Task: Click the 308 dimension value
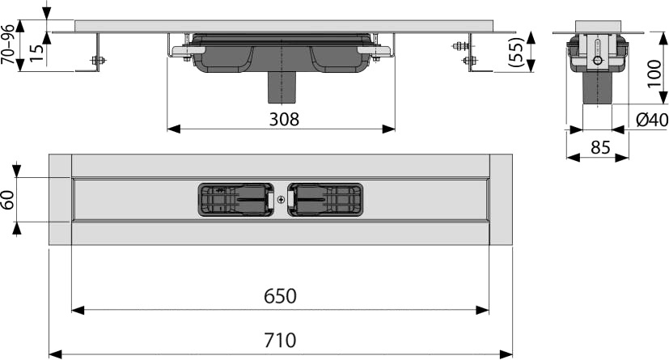[284, 120]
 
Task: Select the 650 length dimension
[280, 296]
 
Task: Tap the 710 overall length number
[280, 340]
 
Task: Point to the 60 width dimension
[9, 200]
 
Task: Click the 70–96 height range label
[7, 44]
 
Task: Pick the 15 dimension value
[36, 53]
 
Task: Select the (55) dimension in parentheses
[516, 53]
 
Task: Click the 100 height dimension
[654, 74]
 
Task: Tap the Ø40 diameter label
[652, 120]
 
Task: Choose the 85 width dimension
[600, 148]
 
